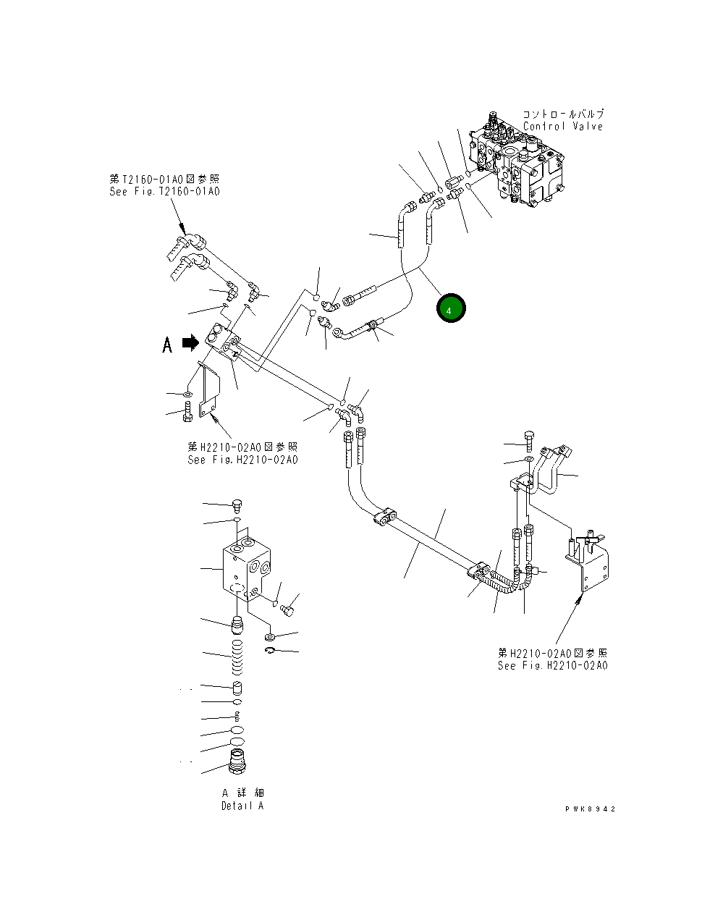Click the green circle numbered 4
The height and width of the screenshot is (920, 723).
pyautogui.click(x=450, y=309)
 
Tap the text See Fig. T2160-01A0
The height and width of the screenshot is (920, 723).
pyautogui.click(x=164, y=192)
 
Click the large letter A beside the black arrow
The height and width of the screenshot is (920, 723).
pyautogui.click(x=167, y=345)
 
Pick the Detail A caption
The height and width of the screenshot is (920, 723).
pyautogui.click(x=242, y=806)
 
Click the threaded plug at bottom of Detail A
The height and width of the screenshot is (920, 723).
pyautogui.click(x=238, y=763)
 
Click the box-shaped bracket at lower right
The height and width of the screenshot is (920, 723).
pyautogui.click(x=589, y=561)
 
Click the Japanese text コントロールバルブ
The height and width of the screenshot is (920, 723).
pyautogui.click(x=563, y=114)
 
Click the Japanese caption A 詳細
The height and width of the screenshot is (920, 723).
pyautogui.click(x=242, y=793)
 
